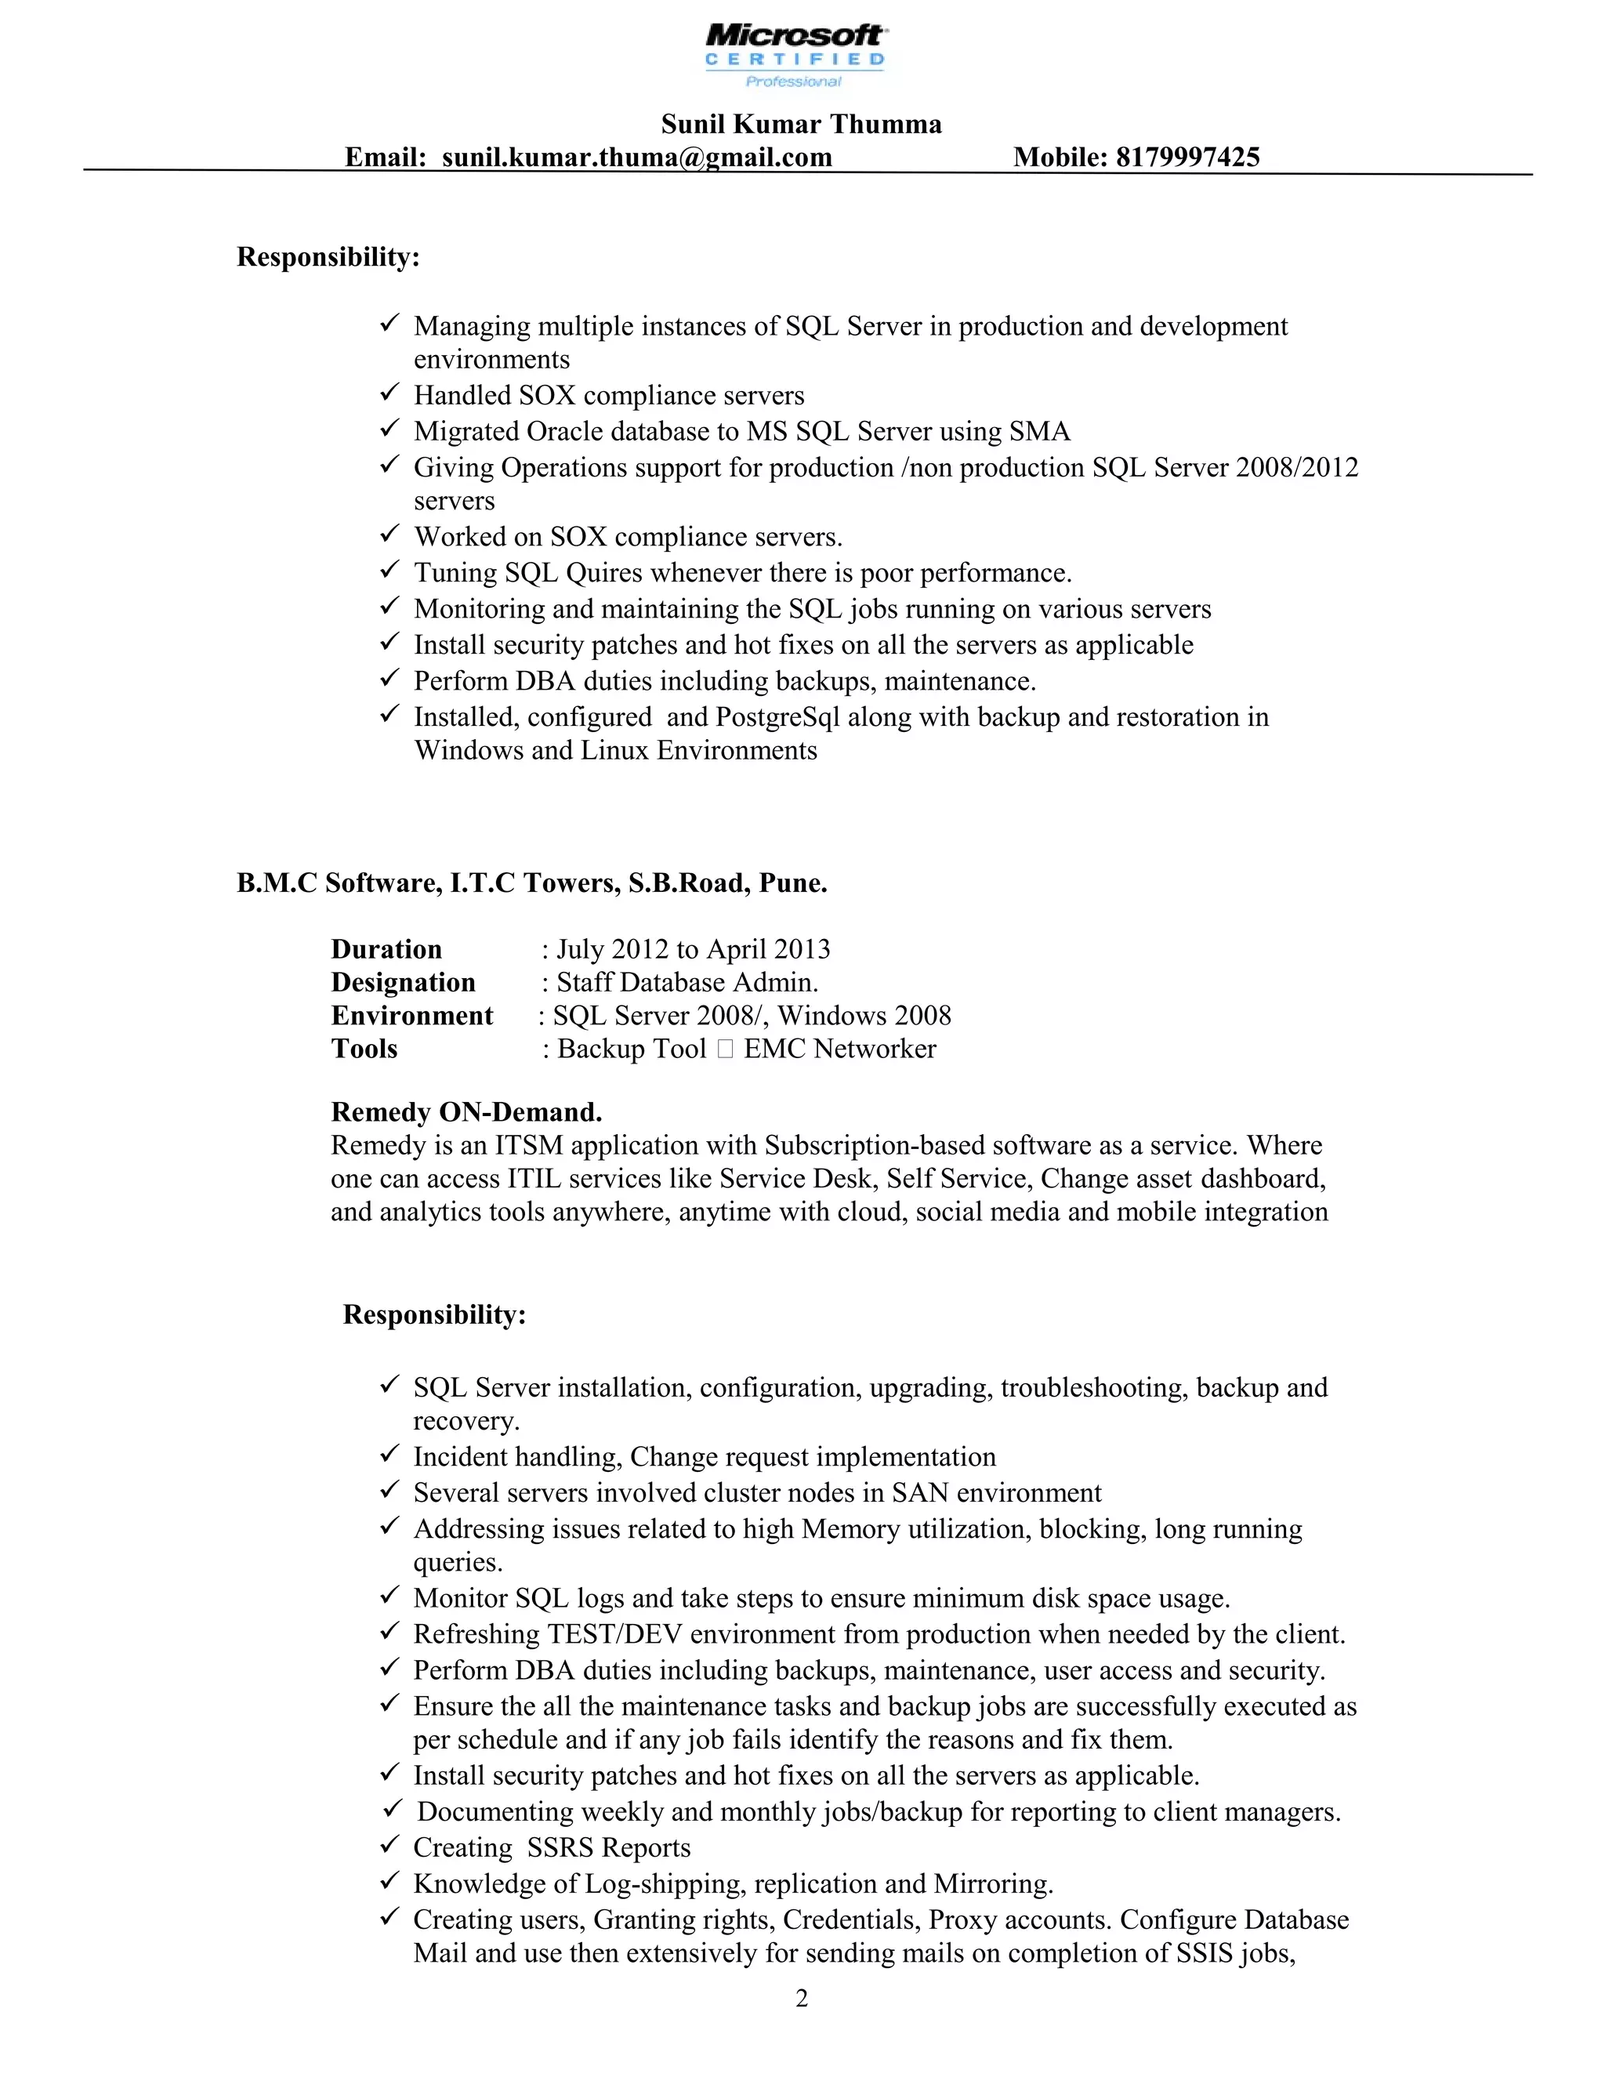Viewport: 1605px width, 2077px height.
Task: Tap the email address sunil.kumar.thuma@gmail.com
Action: [x=636, y=157]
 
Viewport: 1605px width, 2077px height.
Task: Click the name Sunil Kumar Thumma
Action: [x=801, y=124]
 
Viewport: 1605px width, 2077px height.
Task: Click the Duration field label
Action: [x=386, y=949]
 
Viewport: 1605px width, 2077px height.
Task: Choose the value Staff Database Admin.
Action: [x=687, y=982]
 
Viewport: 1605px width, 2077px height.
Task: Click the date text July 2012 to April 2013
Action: [x=692, y=949]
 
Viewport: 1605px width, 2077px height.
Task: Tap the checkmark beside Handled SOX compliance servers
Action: [x=389, y=393]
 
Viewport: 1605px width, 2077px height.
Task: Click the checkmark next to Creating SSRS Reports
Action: [x=389, y=1845]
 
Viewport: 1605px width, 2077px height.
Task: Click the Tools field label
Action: [x=364, y=1049]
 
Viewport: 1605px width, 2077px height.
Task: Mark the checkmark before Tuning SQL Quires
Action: [x=389, y=571]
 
